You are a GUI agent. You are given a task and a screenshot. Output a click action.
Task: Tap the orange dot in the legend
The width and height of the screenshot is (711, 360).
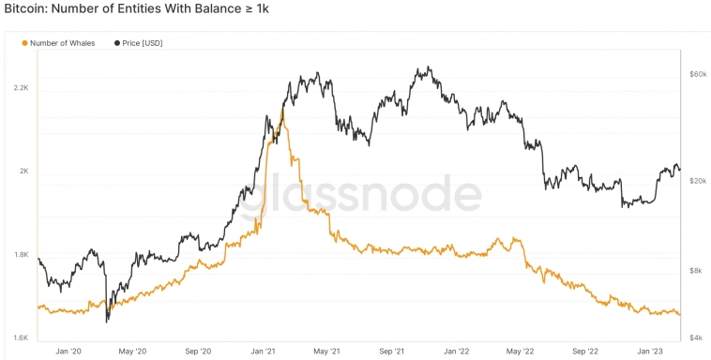pos(24,43)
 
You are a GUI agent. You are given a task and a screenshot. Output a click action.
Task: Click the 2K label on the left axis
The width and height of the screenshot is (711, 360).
pos(23,172)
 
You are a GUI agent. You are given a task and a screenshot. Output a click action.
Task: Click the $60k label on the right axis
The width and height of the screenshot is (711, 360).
pos(697,73)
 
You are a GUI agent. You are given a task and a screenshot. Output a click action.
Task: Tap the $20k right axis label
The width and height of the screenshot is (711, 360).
pos(697,180)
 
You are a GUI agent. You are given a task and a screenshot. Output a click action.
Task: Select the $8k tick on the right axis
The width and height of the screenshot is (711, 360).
pos(696,270)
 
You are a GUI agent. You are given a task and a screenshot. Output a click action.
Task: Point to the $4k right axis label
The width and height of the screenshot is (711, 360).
pos(696,337)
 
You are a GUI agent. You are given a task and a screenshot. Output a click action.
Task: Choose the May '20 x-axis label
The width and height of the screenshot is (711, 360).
pos(133,352)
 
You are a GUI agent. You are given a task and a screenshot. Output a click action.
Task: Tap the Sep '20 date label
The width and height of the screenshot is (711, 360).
pos(198,352)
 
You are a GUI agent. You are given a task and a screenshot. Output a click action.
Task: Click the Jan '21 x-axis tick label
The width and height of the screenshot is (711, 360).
pos(263,352)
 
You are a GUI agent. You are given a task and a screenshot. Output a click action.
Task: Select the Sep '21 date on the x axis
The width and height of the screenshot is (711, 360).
pos(391,352)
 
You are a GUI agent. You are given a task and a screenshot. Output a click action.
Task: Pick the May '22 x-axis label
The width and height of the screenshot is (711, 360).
pos(520,352)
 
